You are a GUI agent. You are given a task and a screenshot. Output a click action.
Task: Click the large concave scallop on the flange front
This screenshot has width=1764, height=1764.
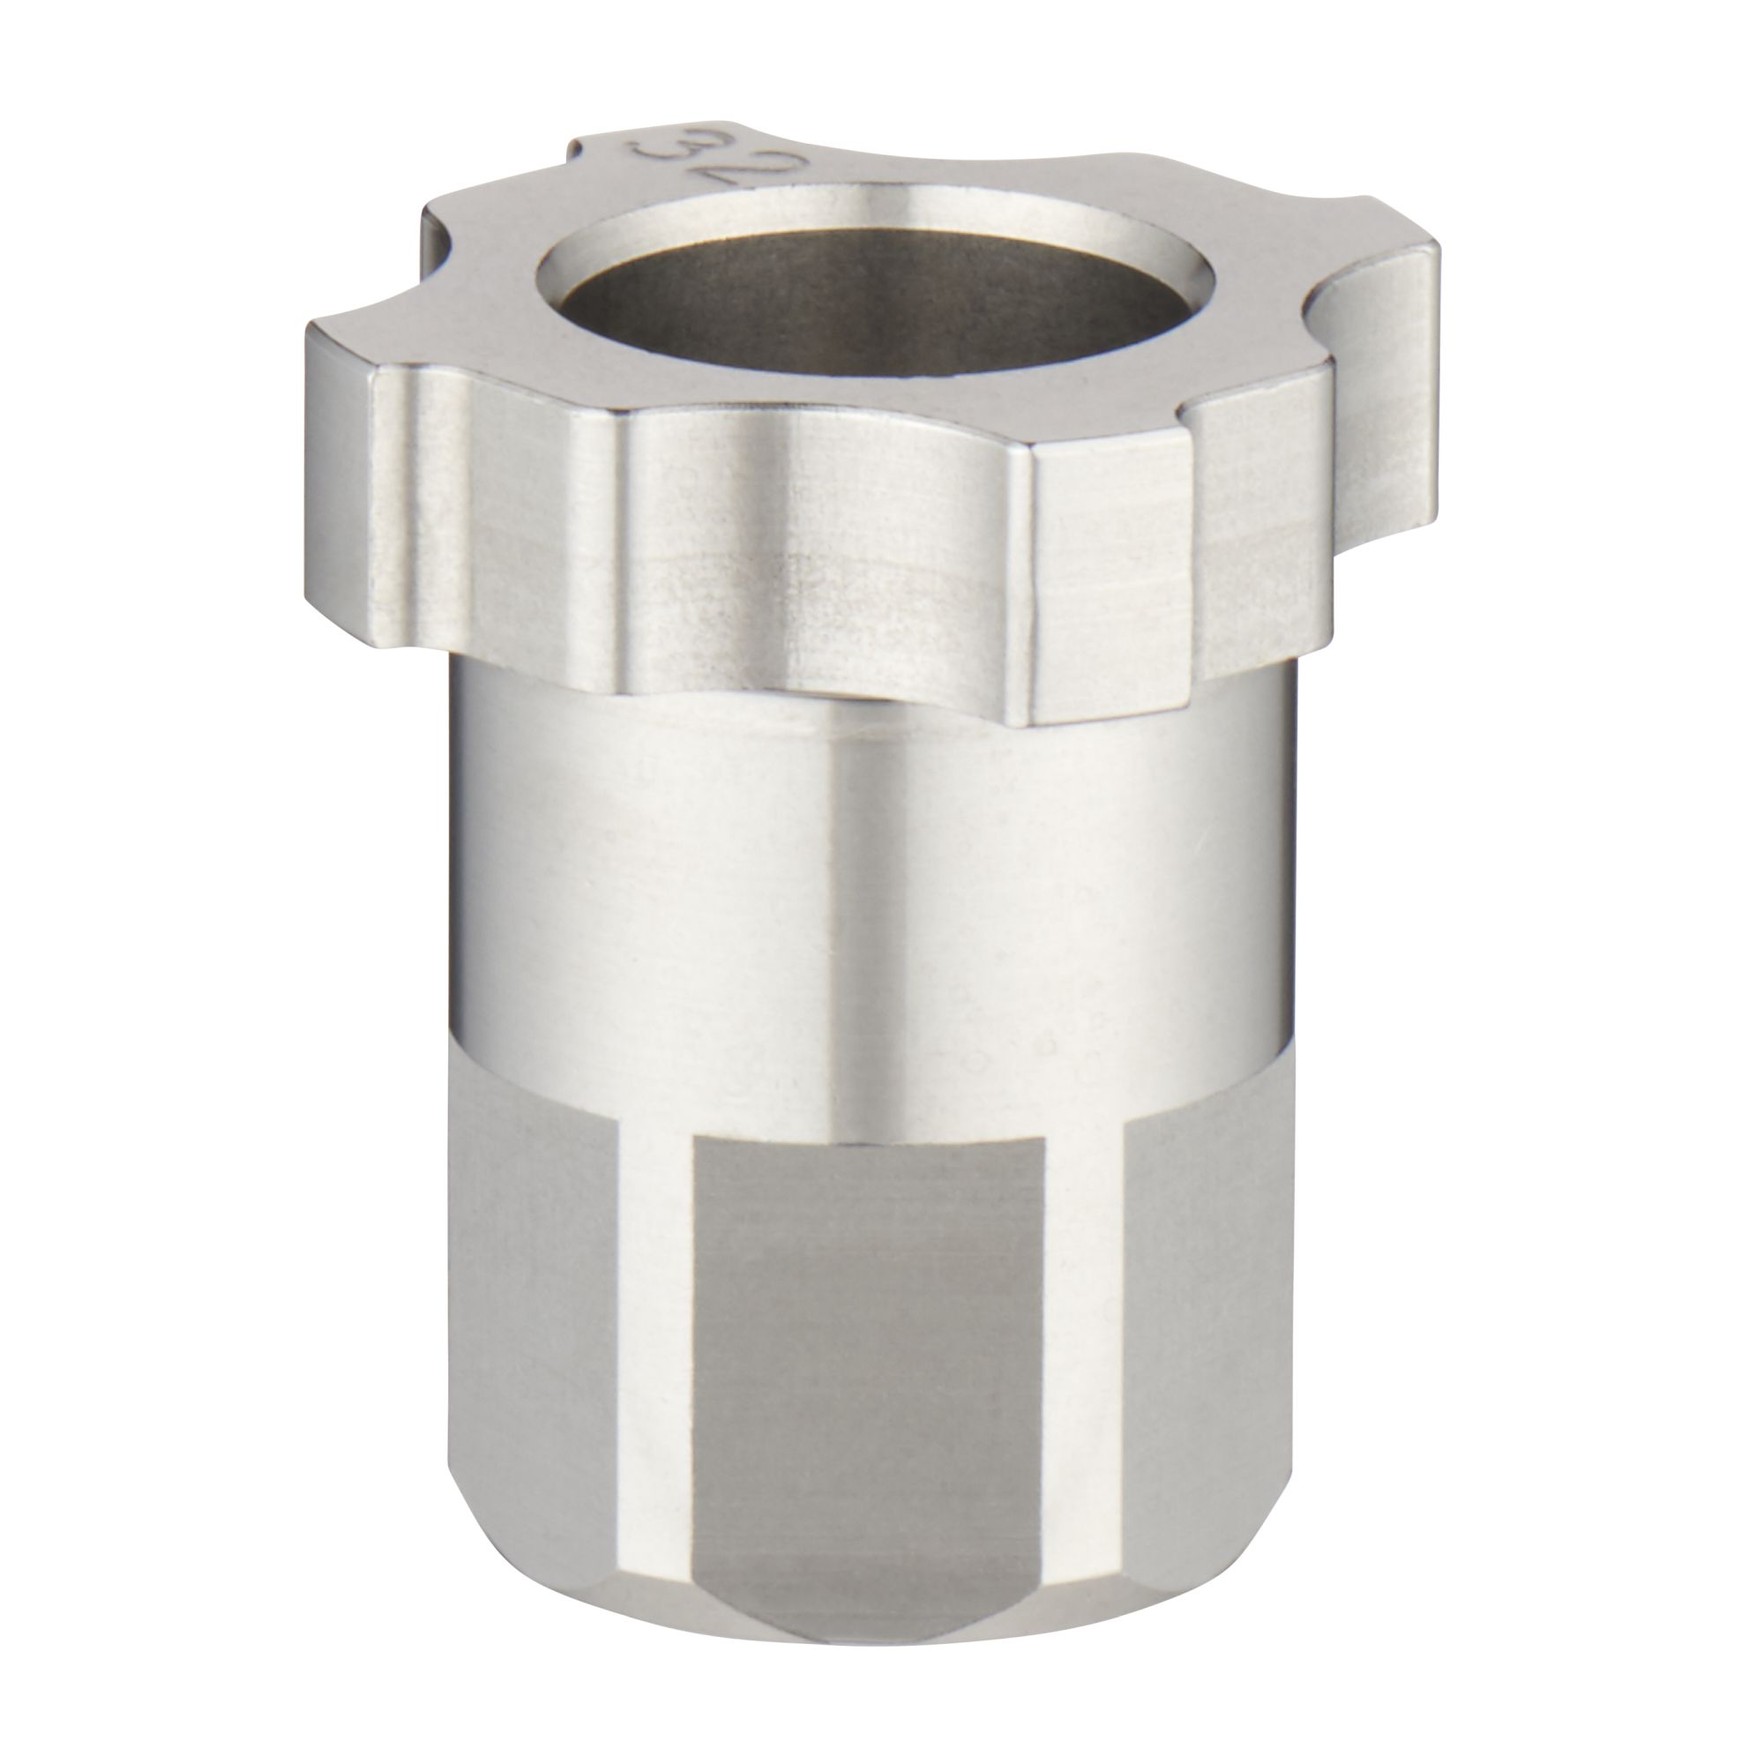pos(812,548)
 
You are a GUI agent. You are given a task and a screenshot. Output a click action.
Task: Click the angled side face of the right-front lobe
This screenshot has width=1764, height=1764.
pos(1260,520)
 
